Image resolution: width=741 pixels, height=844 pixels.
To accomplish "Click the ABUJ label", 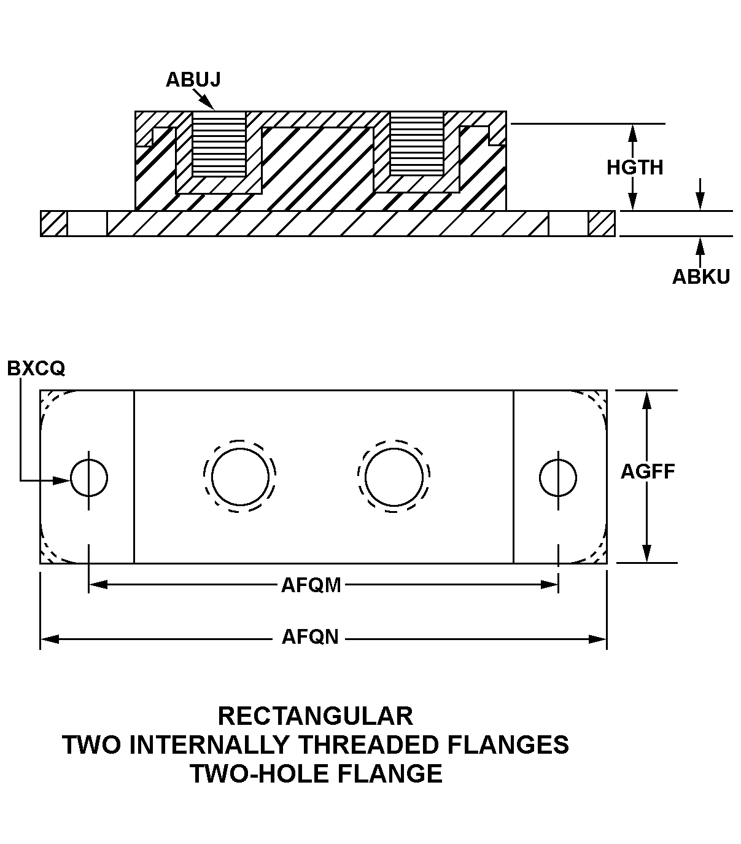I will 193,80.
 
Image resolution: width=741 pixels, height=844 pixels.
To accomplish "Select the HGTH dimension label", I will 635,167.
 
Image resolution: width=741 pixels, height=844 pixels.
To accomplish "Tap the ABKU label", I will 701,277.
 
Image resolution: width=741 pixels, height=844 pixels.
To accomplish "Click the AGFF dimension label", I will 648,472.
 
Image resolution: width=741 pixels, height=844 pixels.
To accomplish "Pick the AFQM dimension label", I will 311,585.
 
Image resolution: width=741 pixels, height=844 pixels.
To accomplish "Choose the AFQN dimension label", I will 310,637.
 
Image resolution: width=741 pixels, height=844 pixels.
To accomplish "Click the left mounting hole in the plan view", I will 89,477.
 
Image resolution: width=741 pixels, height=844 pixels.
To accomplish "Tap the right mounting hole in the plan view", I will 558,477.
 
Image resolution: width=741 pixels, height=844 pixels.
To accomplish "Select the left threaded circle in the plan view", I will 240,477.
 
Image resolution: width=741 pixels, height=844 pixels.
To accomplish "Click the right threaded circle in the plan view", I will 394,477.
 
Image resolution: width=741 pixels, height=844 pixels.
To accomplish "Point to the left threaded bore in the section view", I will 219,144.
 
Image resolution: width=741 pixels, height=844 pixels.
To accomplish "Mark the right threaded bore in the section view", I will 417,144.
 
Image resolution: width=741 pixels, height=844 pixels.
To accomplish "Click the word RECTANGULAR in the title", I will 316,716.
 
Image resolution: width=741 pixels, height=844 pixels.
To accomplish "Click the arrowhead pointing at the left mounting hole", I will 61,480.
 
